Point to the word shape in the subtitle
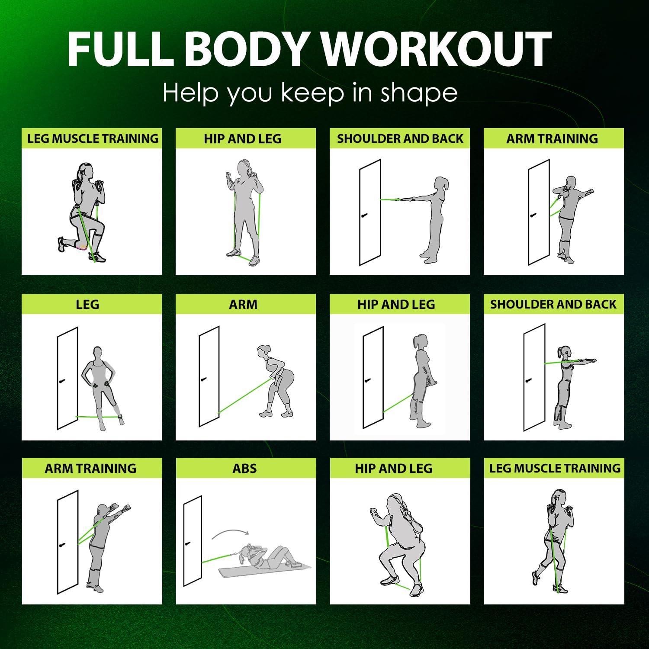[x=419, y=93]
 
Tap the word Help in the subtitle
[x=190, y=93]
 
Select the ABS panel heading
[x=245, y=468]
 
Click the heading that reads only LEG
[x=87, y=304]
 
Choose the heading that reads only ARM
[x=243, y=304]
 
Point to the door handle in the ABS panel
[x=188, y=543]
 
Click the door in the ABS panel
[x=193, y=541]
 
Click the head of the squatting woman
[x=396, y=502]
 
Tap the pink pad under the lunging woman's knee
[x=80, y=247]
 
